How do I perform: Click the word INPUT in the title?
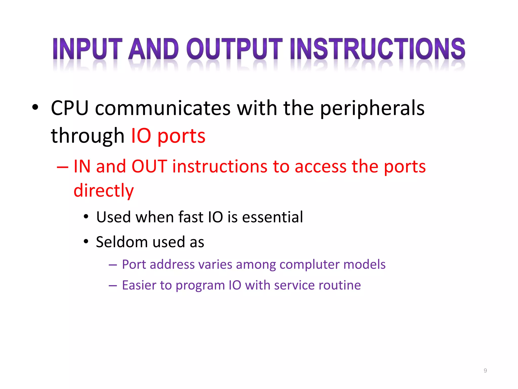click(88, 49)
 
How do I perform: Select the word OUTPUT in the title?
click(234, 49)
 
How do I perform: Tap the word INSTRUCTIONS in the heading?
click(378, 49)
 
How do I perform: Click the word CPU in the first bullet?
click(70, 108)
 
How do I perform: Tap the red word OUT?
click(149, 166)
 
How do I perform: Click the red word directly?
click(103, 190)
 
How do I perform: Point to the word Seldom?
click(122, 242)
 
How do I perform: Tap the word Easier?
click(139, 285)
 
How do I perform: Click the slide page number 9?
click(485, 371)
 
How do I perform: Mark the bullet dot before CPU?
click(35, 107)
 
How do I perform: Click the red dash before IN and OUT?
click(62, 167)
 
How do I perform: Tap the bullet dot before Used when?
click(86, 217)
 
